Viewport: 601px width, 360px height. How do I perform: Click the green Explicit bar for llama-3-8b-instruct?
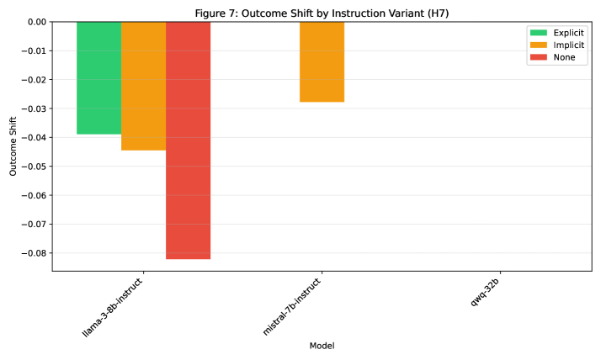click(98, 77)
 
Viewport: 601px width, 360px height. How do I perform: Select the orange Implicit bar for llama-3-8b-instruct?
click(143, 86)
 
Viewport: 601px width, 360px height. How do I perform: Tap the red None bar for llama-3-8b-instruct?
click(188, 140)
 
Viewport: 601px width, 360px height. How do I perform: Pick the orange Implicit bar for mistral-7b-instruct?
click(322, 61)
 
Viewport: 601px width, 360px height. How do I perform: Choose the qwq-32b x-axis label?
click(487, 289)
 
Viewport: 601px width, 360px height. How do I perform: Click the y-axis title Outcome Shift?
click(13, 146)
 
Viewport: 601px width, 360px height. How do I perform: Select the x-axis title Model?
click(322, 346)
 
